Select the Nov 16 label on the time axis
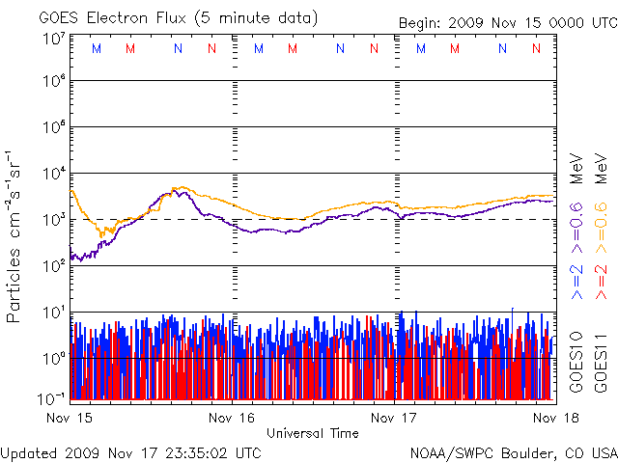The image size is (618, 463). click(233, 418)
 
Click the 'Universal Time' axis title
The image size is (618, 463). click(312, 433)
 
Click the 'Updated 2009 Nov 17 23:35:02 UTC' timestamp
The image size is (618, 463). click(131, 452)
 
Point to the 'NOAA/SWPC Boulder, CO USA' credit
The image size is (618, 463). click(513, 452)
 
